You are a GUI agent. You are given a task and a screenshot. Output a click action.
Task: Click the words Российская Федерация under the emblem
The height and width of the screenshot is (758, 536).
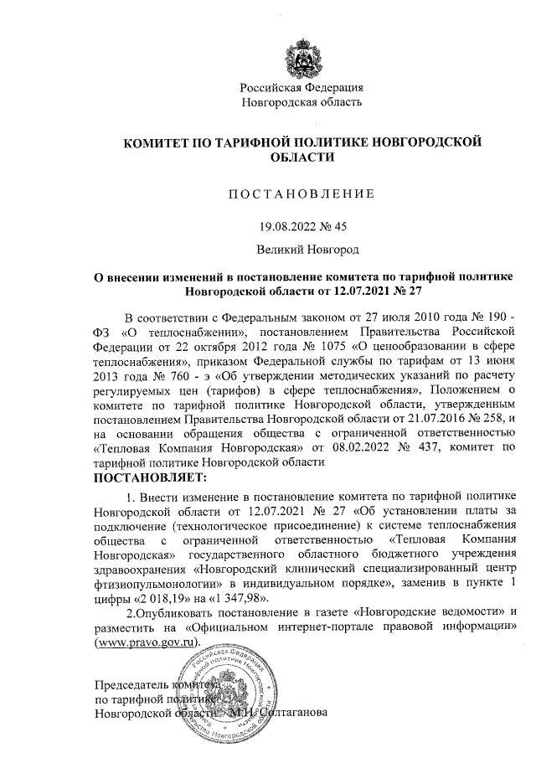click(301, 88)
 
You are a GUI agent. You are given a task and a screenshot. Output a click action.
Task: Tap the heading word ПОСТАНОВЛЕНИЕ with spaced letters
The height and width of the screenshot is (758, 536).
click(301, 194)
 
